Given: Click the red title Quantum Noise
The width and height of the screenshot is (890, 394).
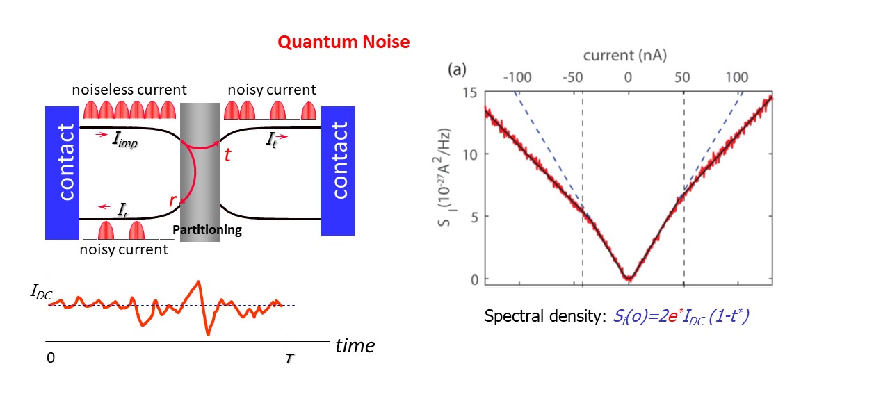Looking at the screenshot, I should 343,42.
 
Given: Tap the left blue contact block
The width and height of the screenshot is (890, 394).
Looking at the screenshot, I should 62,172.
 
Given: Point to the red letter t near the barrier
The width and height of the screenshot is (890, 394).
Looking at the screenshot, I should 227,155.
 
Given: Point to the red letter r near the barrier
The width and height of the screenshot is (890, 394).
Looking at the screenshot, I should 172,200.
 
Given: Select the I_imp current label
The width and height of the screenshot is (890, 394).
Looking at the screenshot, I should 123,139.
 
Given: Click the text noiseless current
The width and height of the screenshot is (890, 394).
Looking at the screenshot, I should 129,90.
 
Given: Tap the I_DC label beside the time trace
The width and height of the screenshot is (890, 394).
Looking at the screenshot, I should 40,292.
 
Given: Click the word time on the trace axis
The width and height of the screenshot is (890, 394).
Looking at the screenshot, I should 355,345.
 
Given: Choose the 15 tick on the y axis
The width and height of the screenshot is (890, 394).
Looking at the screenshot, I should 470,93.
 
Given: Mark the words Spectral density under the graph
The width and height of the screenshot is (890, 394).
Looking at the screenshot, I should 540,316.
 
